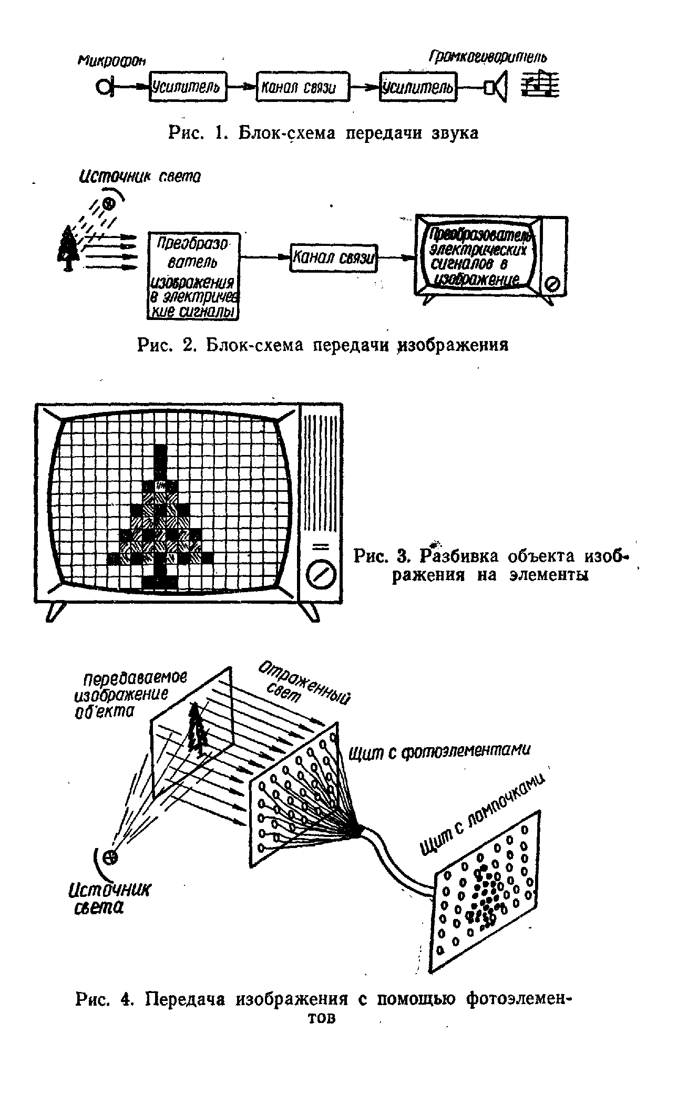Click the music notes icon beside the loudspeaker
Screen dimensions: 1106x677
[x=540, y=85]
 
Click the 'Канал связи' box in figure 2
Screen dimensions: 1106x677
[x=334, y=257]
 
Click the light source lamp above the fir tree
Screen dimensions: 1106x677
[x=109, y=203]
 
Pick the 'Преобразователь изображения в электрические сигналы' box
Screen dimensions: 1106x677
[x=193, y=276]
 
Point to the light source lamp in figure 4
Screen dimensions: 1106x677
[x=110, y=858]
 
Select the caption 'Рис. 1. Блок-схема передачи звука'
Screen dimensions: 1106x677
[x=324, y=133]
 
